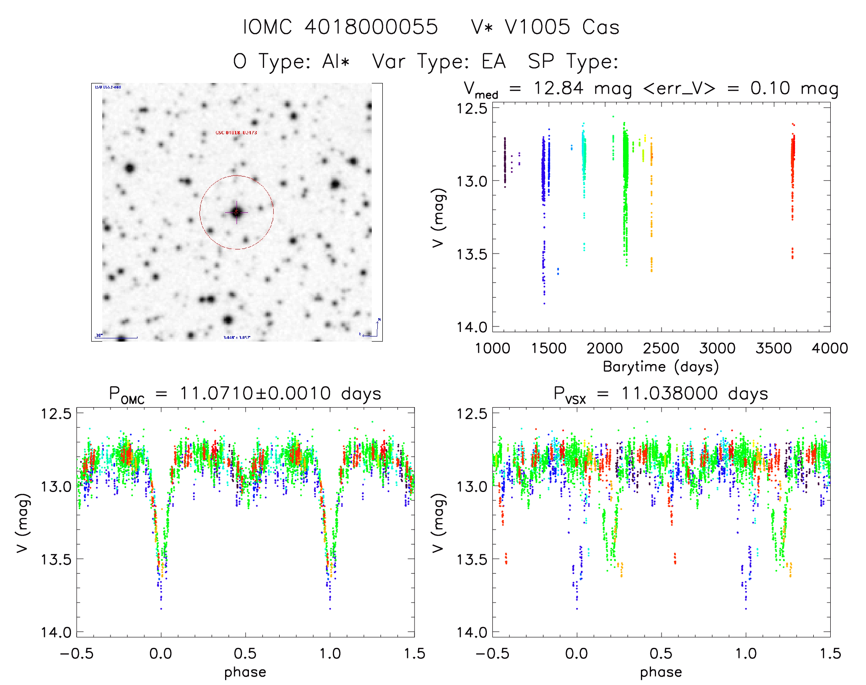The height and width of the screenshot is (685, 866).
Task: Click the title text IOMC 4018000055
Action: click(340, 27)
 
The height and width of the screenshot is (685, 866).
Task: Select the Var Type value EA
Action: click(493, 61)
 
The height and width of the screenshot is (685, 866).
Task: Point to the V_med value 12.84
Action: click(558, 88)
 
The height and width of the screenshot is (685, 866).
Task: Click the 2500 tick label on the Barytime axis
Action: click(661, 348)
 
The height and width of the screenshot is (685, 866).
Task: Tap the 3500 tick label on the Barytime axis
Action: click(773, 348)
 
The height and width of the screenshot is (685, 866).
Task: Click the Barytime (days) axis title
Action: click(661, 367)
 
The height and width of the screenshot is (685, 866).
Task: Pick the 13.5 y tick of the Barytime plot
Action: click(471, 254)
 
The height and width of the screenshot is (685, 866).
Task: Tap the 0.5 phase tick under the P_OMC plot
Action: click(245, 653)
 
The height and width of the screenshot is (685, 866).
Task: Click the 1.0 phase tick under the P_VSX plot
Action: click(746, 653)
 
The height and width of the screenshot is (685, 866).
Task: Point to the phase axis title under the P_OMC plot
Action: click(245, 672)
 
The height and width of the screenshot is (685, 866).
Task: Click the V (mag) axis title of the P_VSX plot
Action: click(438, 523)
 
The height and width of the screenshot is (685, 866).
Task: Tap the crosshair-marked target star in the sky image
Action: click(237, 212)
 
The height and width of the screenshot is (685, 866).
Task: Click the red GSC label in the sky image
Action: click(236, 133)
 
